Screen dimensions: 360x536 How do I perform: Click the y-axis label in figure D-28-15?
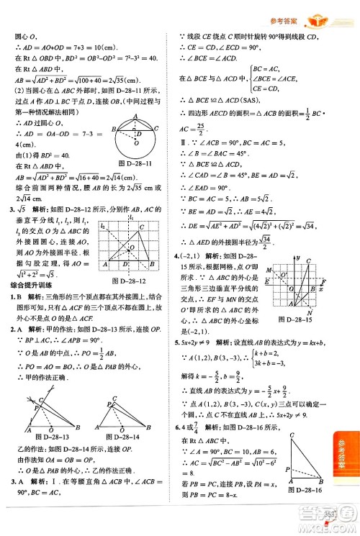[296, 258]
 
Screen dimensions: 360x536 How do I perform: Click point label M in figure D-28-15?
[268, 270]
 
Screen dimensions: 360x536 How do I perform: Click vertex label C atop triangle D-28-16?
[290, 435]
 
